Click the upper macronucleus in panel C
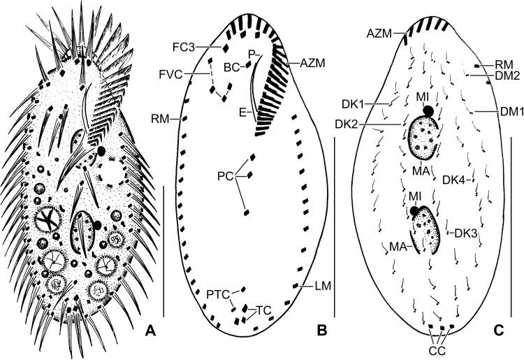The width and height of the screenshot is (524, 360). tap(425, 135)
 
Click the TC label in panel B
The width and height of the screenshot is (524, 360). tap(263, 310)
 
